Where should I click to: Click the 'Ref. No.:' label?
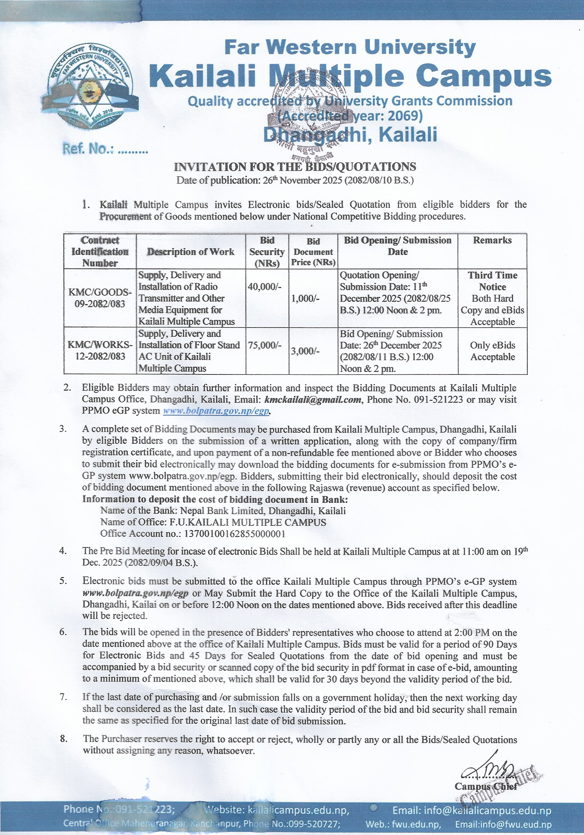tap(88, 149)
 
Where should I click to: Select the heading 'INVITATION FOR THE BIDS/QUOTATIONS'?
tap(295, 167)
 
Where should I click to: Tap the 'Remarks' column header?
tap(492, 240)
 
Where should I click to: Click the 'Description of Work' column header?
tap(191, 252)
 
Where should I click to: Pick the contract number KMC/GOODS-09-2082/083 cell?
tap(100, 298)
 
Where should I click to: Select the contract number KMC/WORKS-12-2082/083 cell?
tap(100, 350)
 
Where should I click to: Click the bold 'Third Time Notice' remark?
tap(492, 281)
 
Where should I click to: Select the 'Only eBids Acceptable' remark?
tap(492, 351)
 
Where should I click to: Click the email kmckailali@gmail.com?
tap(313, 399)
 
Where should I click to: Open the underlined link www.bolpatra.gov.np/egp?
tap(216, 411)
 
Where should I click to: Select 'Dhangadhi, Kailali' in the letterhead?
tap(350, 135)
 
